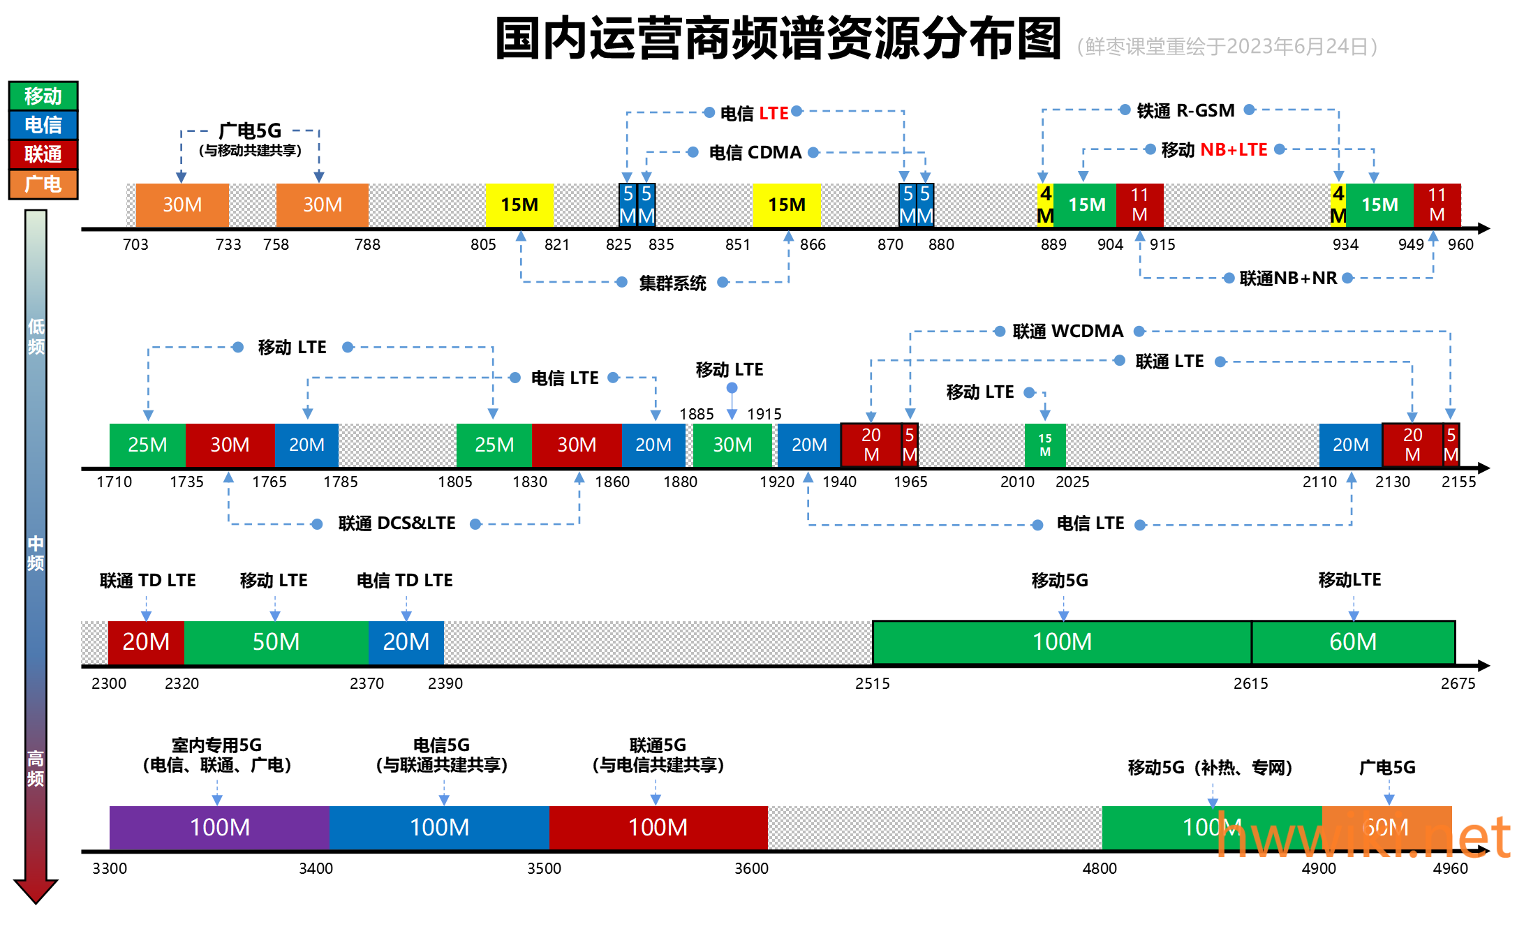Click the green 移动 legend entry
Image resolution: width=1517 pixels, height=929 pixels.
(43, 96)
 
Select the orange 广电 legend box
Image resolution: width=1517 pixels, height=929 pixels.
(43, 184)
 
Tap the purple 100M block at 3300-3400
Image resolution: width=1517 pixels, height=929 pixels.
(219, 827)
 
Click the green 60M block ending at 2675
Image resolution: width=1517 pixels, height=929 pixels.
(1353, 641)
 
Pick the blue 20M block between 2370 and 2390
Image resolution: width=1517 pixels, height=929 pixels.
(406, 641)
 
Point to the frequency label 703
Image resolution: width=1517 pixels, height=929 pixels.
(135, 244)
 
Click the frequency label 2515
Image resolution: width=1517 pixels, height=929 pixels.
(872, 683)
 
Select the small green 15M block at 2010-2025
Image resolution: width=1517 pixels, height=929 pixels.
(1044, 445)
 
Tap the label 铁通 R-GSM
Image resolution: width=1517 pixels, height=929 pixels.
(1185, 110)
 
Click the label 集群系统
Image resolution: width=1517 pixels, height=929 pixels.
(672, 283)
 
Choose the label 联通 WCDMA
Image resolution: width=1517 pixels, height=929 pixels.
(1068, 331)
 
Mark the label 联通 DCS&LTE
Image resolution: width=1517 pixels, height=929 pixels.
(397, 523)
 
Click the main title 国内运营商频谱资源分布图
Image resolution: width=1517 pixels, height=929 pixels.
(778, 38)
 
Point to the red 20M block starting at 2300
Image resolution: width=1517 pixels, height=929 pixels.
(146, 641)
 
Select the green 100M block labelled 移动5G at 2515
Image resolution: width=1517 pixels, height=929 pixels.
(1061, 641)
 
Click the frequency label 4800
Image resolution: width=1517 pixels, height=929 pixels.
(1100, 868)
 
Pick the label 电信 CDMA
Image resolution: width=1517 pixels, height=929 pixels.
(755, 152)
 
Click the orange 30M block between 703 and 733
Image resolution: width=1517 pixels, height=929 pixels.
(182, 205)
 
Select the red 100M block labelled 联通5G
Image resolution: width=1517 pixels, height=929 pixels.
(658, 827)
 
